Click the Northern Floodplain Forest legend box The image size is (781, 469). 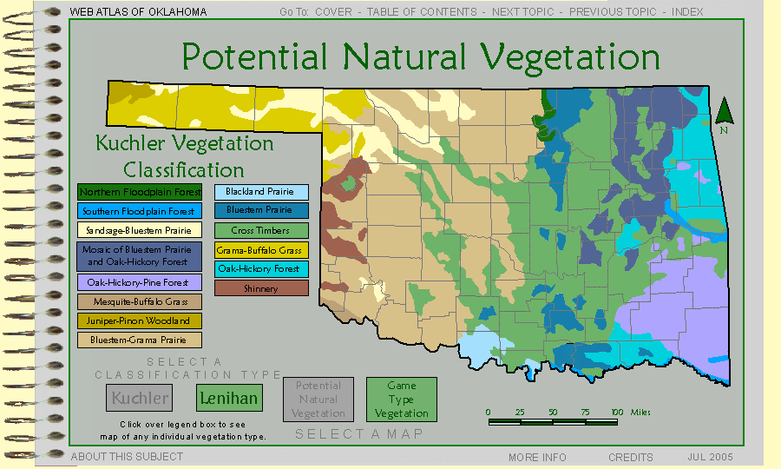click(x=140, y=192)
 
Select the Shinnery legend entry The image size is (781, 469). click(x=261, y=288)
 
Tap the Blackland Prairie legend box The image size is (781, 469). click(x=261, y=192)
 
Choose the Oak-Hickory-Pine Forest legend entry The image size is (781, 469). click(x=140, y=282)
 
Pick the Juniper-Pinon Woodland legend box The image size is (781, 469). click(x=140, y=321)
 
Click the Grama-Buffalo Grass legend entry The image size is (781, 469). click(x=261, y=250)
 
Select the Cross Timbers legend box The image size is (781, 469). click(x=261, y=231)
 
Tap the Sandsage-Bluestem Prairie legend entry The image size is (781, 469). click(x=140, y=230)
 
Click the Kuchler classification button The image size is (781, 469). click(x=140, y=398)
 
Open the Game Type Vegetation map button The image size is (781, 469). click(x=402, y=400)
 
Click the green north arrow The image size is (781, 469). click(x=725, y=110)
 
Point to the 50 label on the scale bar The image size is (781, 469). click(x=553, y=413)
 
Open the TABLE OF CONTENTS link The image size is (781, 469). click(x=422, y=12)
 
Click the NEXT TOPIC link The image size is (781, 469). click(x=523, y=12)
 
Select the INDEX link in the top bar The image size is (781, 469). click(x=687, y=12)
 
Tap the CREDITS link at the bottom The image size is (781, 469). click(x=631, y=457)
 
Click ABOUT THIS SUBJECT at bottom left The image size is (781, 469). click(x=127, y=457)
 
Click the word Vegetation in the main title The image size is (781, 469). click(x=570, y=57)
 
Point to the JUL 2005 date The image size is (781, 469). click(x=710, y=457)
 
